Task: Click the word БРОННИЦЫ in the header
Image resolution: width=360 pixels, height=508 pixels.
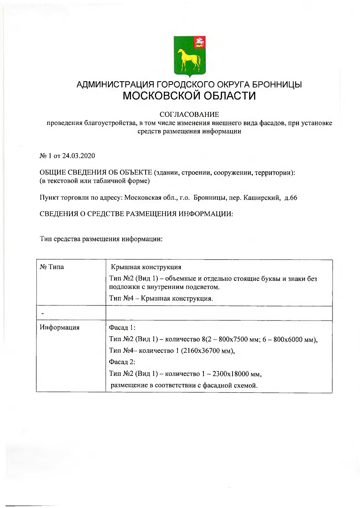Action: pyautogui.click(x=278, y=85)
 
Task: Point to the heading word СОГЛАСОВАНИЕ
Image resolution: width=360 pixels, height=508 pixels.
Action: pyautogui.click(x=189, y=115)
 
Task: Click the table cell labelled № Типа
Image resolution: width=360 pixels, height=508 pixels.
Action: pyautogui.click(x=52, y=267)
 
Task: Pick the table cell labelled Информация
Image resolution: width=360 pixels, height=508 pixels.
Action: pyautogui.click(x=59, y=328)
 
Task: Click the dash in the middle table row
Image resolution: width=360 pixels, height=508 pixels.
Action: pyautogui.click(x=42, y=314)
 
